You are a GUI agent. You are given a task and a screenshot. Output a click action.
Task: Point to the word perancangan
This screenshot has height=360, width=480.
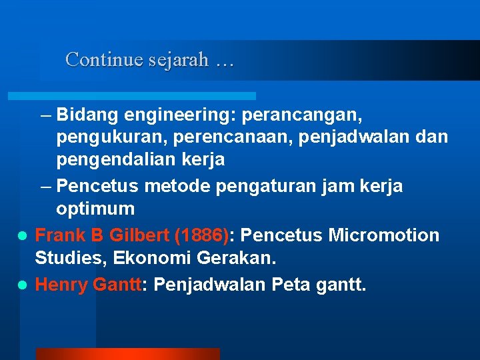(x=303, y=115)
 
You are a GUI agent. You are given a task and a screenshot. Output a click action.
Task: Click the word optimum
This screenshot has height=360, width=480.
(x=95, y=209)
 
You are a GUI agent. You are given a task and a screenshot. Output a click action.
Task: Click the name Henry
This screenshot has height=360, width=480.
(x=61, y=285)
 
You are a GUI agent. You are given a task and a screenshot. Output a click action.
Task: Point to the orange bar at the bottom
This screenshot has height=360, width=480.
(x=127, y=353)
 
